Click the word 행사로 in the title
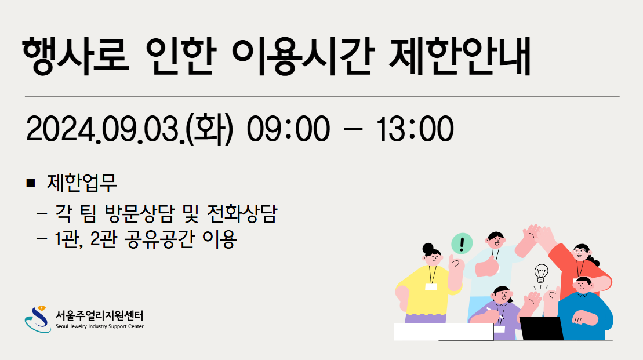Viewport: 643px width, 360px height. [76, 56]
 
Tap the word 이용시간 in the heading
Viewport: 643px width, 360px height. [303, 56]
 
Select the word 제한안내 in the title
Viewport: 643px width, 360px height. [459, 56]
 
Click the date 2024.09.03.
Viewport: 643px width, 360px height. [106, 129]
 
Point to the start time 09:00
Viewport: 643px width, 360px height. [288, 129]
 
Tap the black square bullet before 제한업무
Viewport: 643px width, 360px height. [30, 183]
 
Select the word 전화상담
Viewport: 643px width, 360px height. [242, 213]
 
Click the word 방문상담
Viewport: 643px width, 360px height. [139, 213]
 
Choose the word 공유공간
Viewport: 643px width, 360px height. [159, 239]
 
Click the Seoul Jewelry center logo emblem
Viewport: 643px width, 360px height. [38, 319]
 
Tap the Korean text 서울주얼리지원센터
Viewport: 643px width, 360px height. [100, 315]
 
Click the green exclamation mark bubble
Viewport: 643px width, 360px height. [462, 243]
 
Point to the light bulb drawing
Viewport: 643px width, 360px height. [542, 274]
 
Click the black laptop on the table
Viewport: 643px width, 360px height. [542, 329]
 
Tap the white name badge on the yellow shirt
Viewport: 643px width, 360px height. [431, 287]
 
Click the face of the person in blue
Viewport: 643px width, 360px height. [583, 286]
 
